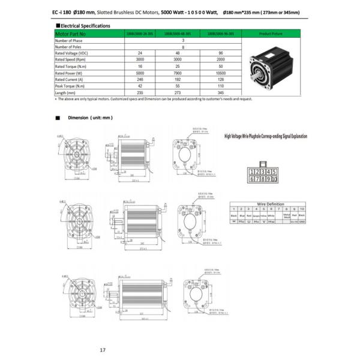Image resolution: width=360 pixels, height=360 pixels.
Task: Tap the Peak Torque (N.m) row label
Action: click(71, 86)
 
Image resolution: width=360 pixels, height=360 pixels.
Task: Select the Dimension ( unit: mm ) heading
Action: click(90, 118)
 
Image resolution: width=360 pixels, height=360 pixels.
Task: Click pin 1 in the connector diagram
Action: click(252, 172)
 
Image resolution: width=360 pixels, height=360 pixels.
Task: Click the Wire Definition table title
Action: click(269, 204)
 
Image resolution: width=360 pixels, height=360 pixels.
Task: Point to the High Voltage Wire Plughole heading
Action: click(265, 136)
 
